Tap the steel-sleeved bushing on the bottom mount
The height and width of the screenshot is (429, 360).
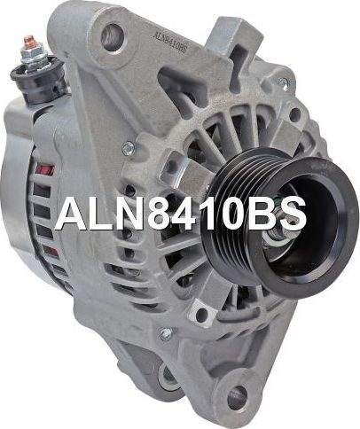(x=169, y=379)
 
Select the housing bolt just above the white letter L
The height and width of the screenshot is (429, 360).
(x=128, y=147)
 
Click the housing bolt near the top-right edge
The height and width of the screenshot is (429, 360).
(x=282, y=82)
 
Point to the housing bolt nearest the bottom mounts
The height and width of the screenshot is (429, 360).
(x=166, y=334)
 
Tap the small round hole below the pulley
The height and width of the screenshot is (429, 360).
(x=203, y=316)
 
